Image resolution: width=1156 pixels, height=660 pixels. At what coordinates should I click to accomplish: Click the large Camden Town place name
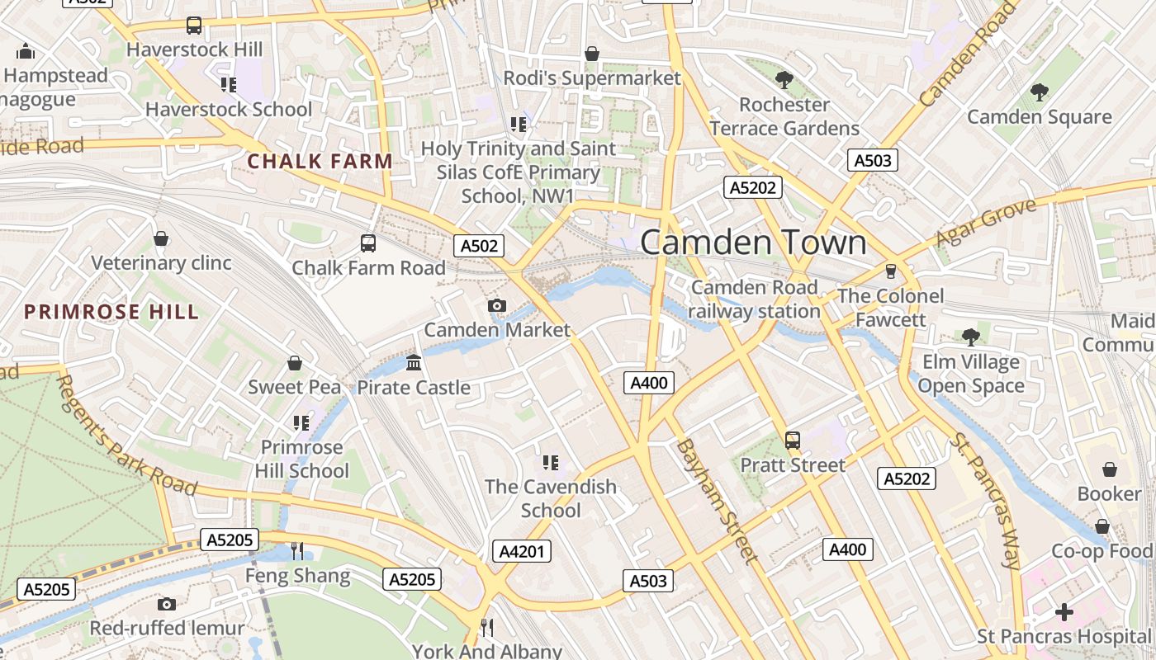click(753, 243)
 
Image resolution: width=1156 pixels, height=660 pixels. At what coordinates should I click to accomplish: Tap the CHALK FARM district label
click(320, 161)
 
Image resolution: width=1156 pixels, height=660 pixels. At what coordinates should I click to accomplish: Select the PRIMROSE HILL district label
click(111, 312)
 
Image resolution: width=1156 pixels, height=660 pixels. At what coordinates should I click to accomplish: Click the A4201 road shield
click(522, 551)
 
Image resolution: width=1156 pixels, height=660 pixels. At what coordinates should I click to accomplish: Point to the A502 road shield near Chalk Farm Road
click(479, 246)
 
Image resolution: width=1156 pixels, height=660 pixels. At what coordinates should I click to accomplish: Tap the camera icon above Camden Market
click(496, 306)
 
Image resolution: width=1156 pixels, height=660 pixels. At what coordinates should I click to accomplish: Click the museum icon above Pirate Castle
click(414, 363)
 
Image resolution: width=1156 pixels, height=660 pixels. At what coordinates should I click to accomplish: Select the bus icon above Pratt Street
click(793, 441)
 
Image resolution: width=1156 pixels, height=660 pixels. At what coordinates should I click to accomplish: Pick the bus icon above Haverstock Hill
click(194, 26)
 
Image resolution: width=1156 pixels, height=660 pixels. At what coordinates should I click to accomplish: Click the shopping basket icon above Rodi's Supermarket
click(592, 54)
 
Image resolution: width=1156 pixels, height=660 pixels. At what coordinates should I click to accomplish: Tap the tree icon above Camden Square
click(1039, 92)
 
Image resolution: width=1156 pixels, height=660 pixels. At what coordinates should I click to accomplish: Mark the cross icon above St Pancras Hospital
click(1064, 612)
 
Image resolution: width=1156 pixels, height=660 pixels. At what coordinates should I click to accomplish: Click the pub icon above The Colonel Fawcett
click(890, 271)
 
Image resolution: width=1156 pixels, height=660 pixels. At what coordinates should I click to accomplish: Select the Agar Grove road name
click(985, 223)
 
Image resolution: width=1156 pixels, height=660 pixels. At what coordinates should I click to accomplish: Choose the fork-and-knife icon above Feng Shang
click(297, 551)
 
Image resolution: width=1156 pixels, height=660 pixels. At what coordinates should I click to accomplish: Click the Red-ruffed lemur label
click(167, 628)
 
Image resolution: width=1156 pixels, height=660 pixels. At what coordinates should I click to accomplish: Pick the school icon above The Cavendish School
click(551, 463)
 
